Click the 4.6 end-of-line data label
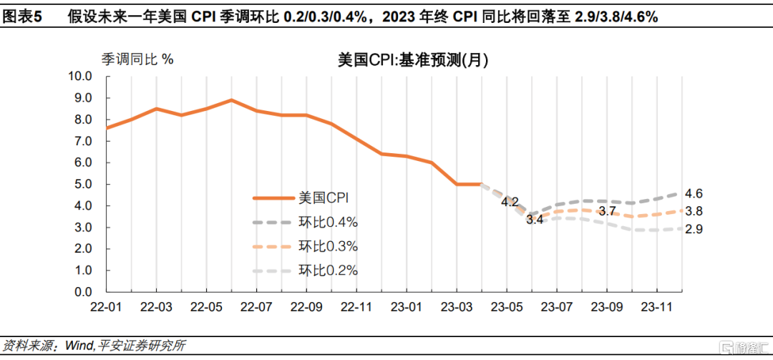click(694, 193)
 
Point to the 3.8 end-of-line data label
click(694, 211)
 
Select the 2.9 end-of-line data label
click(694, 229)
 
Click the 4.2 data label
click(510, 202)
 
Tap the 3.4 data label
click(535, 220)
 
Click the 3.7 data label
click(607, 210)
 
